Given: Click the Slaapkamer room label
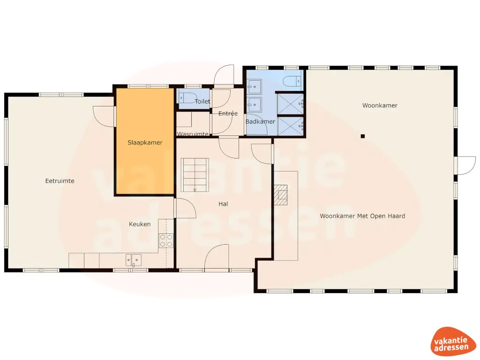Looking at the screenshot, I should [145, 142].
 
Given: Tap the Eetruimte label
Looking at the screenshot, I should [60, 181].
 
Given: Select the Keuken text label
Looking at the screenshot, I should [140, 224].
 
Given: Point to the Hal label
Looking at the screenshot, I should [223, 204].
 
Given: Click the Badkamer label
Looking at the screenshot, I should [260, 122].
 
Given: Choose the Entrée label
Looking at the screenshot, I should [228, 113].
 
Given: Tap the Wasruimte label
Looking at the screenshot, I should [192, 134].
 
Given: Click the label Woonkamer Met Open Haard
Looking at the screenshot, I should [362, 216].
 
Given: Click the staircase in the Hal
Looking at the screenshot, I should [195, 174].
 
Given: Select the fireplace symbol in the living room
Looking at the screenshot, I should [281, 195].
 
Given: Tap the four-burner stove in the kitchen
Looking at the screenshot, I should [166, 240].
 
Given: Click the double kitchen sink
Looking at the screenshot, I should [133, 260].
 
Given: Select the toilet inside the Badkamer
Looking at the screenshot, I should [292, 81].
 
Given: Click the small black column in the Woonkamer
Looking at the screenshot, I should [362, 136].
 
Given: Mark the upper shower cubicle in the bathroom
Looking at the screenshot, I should [290, 104].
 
